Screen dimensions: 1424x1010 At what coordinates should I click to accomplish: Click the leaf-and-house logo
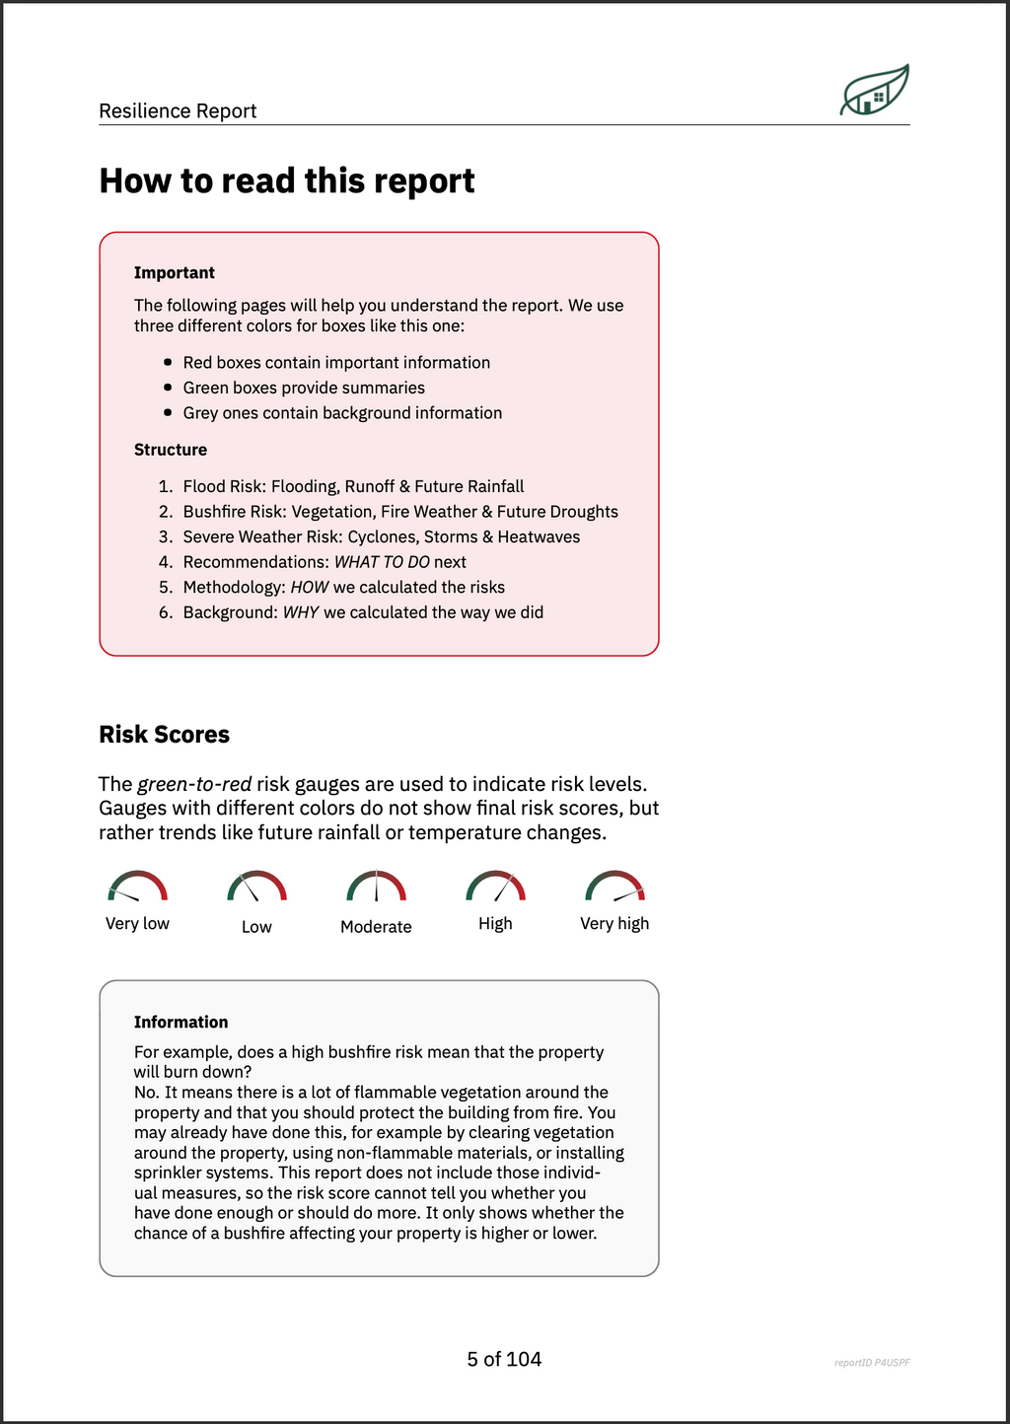click(x=874, y=91)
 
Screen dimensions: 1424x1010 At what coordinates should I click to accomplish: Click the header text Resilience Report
click(x=178, y=110)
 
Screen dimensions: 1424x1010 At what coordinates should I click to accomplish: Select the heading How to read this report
click(x=286, y=181)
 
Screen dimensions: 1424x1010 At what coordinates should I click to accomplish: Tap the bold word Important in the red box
click(x=174, y=273)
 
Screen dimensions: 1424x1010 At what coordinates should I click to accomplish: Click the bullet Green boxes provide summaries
click(x=304, y=388)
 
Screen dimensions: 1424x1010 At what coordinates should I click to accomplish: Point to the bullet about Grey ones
click(x=342, y=413)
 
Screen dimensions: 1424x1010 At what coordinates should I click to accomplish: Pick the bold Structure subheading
click(x=171, y=450)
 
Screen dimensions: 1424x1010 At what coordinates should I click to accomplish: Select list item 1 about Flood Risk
click(x=353, y=486)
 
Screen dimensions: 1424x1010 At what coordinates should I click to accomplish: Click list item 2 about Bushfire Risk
click(x=399, y=512)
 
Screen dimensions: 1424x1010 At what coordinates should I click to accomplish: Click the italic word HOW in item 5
click(x=310, y=588)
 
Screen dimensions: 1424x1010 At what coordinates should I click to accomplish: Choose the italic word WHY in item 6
click(x=301, y=612)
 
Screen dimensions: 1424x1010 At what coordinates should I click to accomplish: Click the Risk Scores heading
click(x=164, y=735)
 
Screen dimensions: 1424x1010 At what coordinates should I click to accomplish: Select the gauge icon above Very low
click(x=137, y=887)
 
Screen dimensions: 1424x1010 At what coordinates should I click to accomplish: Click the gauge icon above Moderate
click(x=376, y=887)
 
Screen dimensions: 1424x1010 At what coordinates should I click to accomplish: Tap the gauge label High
click(x=495, y=924)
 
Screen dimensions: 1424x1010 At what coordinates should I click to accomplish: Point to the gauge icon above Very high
click(x=614, y=887)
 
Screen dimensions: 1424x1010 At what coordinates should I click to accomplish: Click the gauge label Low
click(x=256, y=927)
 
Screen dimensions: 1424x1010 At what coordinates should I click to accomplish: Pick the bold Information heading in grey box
click(x=180, y=1023)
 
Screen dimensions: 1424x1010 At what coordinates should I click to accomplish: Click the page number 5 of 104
click(x=504, y=1360)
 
